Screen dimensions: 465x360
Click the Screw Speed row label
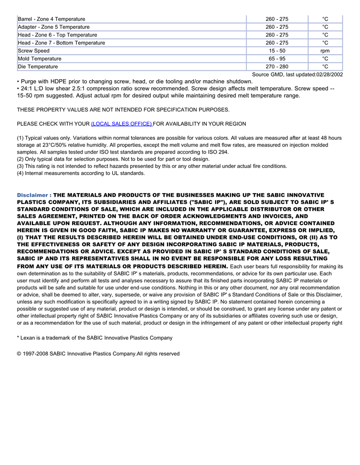click(34, 51)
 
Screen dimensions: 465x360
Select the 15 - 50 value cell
click(277, 51)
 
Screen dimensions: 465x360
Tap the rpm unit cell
click(325, 51)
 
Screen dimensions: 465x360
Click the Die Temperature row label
click(38, 67)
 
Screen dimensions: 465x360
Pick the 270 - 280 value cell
click(277, 67)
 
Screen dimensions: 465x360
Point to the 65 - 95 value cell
click(277, 59)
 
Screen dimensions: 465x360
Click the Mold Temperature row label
click(40, 59)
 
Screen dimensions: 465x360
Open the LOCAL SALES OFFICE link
click(121, 124)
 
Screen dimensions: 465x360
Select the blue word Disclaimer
click(32, 195)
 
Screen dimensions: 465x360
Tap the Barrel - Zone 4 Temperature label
click(51, 19)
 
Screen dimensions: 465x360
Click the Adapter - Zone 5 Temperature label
click(53, 27)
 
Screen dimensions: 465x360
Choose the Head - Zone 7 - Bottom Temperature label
click(61, 43)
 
